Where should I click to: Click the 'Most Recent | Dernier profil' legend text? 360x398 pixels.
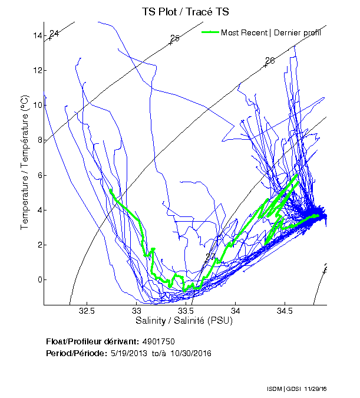[270, 32]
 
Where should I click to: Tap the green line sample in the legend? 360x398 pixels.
[210, 32]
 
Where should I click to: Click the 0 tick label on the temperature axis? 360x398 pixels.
[39, 279]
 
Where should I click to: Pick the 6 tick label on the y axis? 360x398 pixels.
[39, 175]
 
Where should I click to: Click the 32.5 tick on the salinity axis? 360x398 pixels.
[87, 311]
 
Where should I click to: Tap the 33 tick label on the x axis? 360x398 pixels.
[136, 311]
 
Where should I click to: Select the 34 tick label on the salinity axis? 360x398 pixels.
[235, 311]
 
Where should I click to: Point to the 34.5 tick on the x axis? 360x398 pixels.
[285, 311]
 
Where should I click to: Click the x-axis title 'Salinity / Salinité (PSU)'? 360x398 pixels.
[184, 321]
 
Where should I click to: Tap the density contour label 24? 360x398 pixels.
[54, 34]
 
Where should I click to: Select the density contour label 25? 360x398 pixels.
[174, 39]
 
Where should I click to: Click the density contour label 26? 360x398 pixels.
[270, 61]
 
